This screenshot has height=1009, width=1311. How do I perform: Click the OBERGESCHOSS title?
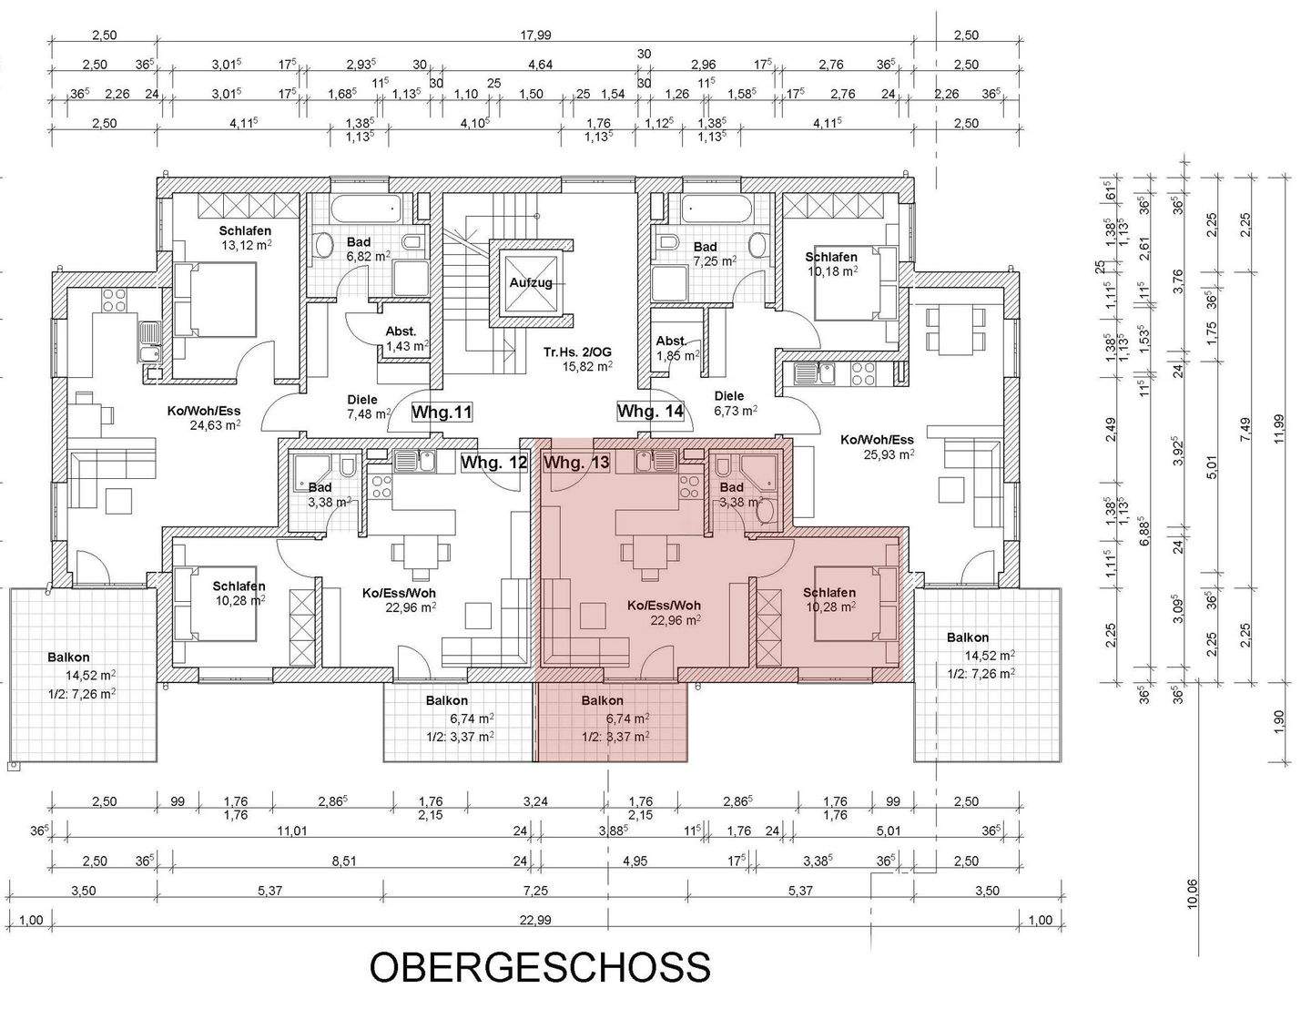tap(539, 967)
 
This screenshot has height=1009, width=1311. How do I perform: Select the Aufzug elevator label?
tap(531, 282)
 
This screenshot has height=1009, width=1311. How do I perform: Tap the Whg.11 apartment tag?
tap(442, 413)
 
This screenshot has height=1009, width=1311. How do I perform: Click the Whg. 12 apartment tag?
tap(493, 463)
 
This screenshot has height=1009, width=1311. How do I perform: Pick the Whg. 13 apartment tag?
tap(576, 463)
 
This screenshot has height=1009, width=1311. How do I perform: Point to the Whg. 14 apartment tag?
tap(650, 412)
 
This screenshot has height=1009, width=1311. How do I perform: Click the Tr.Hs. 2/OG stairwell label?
tap(577, 359)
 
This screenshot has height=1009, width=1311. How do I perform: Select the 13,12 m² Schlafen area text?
tap(245, 245)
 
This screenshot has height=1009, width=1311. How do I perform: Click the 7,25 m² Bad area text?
tap(714, 261)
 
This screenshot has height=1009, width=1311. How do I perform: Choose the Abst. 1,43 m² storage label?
tap(406, 340)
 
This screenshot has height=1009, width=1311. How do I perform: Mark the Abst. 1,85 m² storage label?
tap(677, 348)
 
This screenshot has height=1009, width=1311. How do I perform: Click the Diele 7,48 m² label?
tap(369, 407)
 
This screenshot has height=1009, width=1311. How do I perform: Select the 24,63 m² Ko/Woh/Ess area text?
tap(215, 424)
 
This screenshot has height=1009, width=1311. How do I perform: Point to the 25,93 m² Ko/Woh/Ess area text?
tap(889, 454)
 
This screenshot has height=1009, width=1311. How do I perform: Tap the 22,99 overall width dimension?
tap(535, 920)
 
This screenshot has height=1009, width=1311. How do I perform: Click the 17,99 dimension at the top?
tap(535, 36)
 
